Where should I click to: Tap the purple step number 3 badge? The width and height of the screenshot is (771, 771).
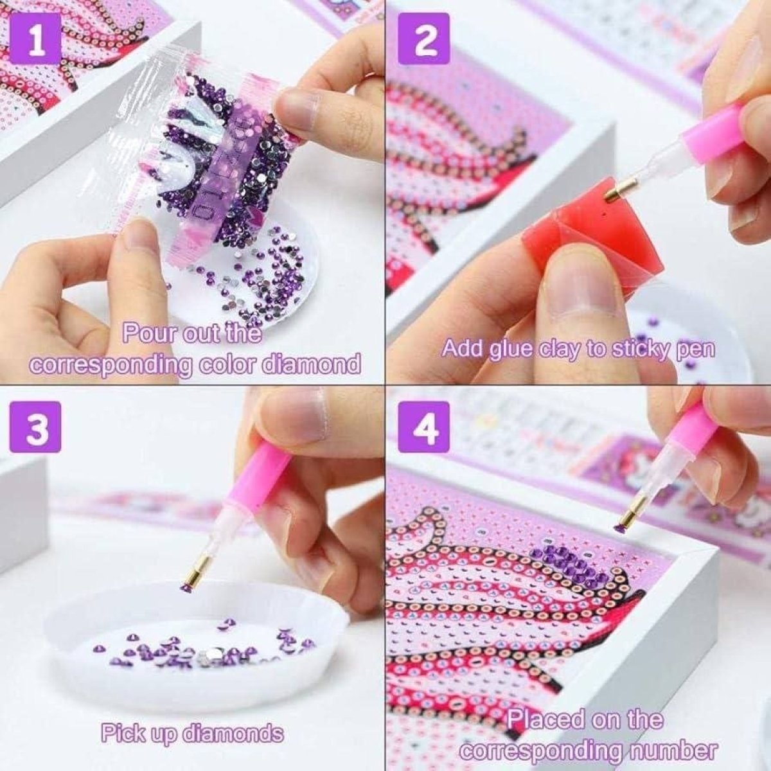[37, 427]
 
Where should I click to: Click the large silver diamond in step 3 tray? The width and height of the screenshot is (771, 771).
[205, 653]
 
